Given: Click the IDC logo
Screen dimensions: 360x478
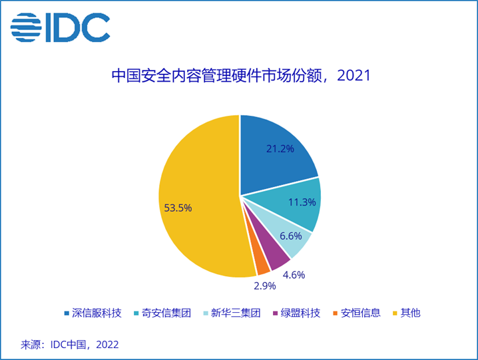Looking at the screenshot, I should point(60,27).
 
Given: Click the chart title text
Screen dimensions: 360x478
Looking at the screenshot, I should point(240,75).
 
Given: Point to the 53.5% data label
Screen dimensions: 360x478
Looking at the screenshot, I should point(178,208).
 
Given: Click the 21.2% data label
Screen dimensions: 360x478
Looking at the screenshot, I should point(280,148).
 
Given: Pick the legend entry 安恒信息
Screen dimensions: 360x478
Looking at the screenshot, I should point(360,313).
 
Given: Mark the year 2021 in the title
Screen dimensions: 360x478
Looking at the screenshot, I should point(353,75).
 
